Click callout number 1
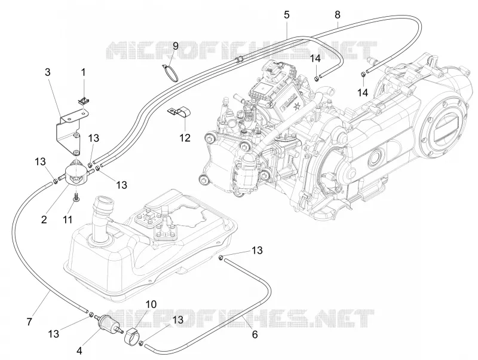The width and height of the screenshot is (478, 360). (x=83, y=72)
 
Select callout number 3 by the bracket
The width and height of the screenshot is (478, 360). (x=48, y=72)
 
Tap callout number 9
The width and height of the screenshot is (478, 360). (x=175, y=46)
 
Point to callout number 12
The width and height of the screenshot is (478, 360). (x=185, y=138)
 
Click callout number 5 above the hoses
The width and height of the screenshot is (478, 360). (x=287, y=14)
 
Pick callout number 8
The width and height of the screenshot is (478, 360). (x=337, y=14)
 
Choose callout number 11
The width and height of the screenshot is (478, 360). (x=68, y=219)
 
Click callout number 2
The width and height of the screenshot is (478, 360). (x=44, y=219)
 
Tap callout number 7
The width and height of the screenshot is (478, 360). (x=29, y=322)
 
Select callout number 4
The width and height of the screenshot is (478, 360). (x=79, y=351)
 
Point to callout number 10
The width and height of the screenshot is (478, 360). (x=151, y=304)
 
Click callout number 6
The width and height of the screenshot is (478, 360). (x=255, y=334)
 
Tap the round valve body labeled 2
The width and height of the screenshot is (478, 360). (x=76, y=172)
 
